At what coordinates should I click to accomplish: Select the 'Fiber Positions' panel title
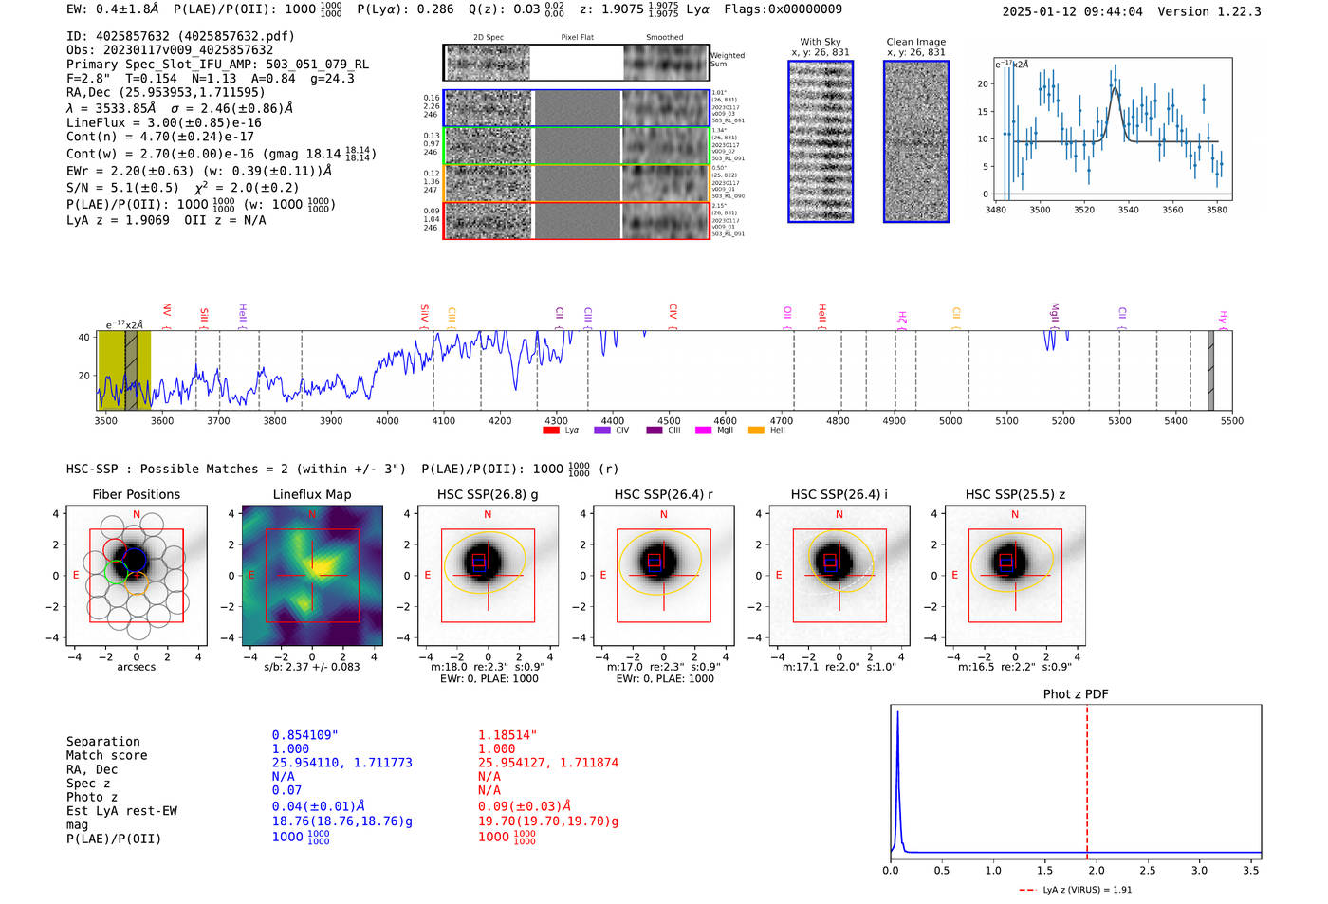(x=136, y=494)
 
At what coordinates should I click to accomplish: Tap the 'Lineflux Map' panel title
(x=312, y=494)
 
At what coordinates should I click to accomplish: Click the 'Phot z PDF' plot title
(x=1076, y=694)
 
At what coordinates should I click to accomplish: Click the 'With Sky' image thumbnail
(x=821, y=141)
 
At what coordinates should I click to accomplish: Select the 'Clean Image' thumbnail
(x=916, y=141)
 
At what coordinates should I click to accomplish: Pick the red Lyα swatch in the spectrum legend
(x=551, y=430)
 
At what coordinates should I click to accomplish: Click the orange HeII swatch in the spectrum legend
(x=756, y=430)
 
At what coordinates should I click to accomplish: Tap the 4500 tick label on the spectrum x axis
(x=669, y=420)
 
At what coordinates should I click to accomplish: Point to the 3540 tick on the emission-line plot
(x=1128, y=210)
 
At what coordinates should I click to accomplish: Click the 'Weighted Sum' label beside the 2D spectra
(x=728, y=59)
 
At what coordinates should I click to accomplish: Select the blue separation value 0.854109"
(x=304, y=735)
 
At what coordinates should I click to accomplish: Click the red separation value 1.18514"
(x=507, y=735)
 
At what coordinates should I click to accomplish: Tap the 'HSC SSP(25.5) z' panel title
(x=1015, y=494)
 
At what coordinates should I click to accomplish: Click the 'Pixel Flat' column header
(x=577, y=38)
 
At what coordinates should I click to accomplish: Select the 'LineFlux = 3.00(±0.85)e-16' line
(x=163, y=122)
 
